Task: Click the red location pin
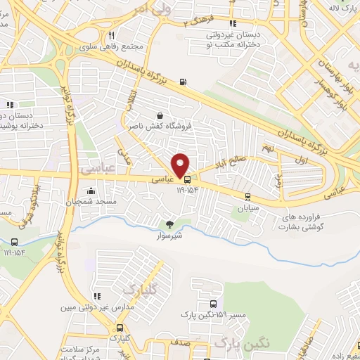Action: pyautogui.click(x=181, y=165)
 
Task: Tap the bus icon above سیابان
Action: pyautogui.click(x=247, y=197)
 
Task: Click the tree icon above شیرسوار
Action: pyautogui.click(x=169, y=224)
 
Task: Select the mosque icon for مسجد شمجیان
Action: pyautogui.click(x=91, y=191)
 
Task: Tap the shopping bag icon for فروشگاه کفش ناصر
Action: pyautogui.click(x=162, y=115)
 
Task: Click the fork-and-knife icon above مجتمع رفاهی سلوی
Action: pyautogui.click(x=112, y=36)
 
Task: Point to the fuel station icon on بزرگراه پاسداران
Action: pyautogui.click(x=184, y=82)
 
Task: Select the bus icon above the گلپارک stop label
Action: pyautogui.click(x=120, y=328)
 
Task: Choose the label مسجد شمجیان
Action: pyautogui.click(x=90, y=202)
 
